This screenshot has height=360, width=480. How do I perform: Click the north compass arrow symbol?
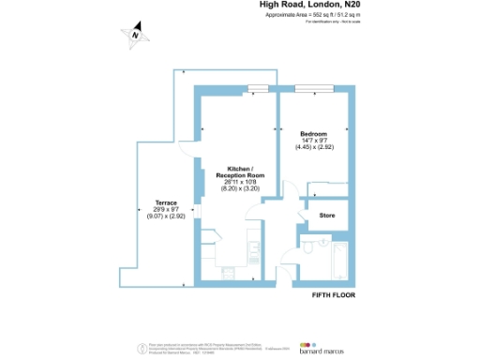click(135, 35)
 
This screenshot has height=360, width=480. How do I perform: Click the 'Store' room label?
click(327, 217)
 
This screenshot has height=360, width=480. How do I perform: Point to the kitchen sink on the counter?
click(254, 247)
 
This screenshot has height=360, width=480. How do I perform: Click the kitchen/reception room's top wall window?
click(257, 90)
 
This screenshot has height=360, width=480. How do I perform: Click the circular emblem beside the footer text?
click(142, 345)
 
